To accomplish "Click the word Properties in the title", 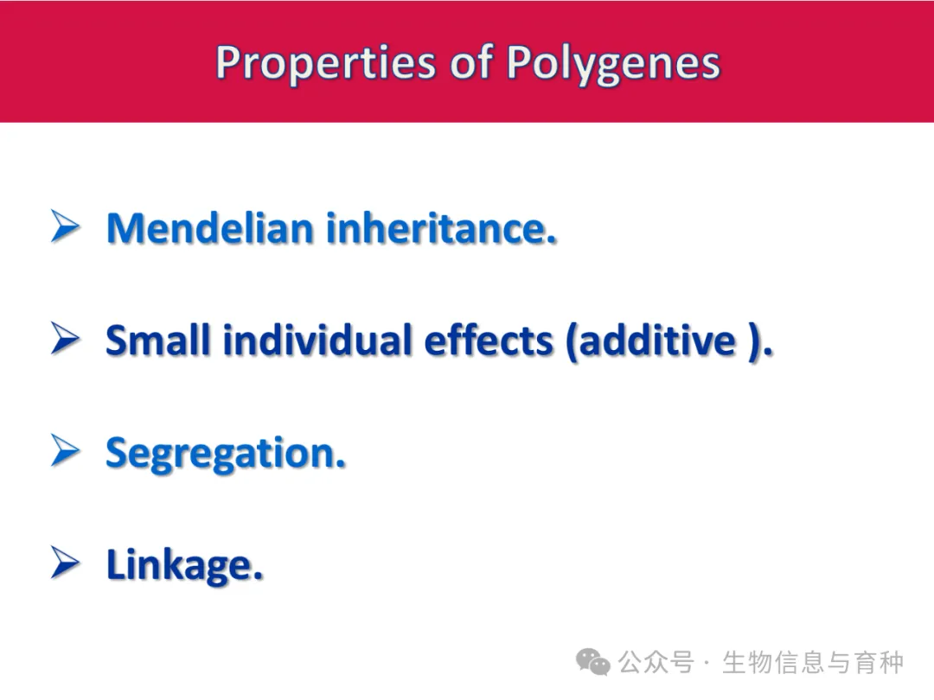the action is click(x=326, y=64).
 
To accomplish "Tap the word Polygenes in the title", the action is click(x=613, y=64).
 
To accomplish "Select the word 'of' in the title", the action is click(x=471, y=61).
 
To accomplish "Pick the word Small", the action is click(x=158, y=340).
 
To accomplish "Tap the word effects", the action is click(x=489, y=340).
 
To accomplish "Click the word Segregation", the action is click(x=225, y=455).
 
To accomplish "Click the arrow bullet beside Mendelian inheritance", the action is click(x=66, y=226).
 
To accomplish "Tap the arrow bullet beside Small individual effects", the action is click(x=66, y=338).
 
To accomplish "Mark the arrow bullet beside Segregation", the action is click(x=66, y=450).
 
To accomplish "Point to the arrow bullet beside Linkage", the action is click(x=66, y=562).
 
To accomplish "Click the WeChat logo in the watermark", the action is click(x=592, y=662).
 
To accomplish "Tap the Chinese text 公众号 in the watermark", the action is click(x=656, y=662).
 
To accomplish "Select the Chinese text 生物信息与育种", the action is click(x=813, y=662).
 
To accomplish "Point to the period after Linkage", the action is click(x=258, y=576).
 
